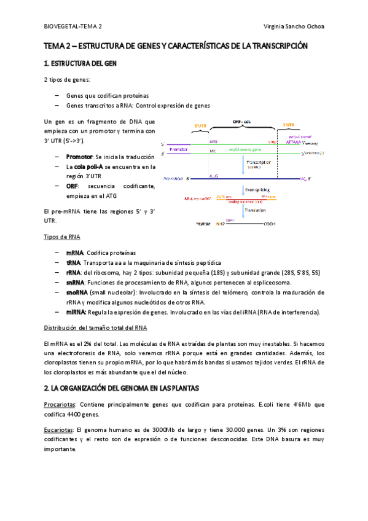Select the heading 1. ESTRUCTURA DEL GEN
click(x=80, y=64)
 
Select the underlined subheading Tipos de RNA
click(x=61, y=237)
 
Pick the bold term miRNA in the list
click(x=76, y=312)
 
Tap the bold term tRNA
click(x=74, y=263)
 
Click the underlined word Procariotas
click(x=61, y=404)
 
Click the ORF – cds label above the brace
click(x=241, y=122)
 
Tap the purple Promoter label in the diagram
click(x=178, y=149)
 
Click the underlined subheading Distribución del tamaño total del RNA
click(x=96, y=327)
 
